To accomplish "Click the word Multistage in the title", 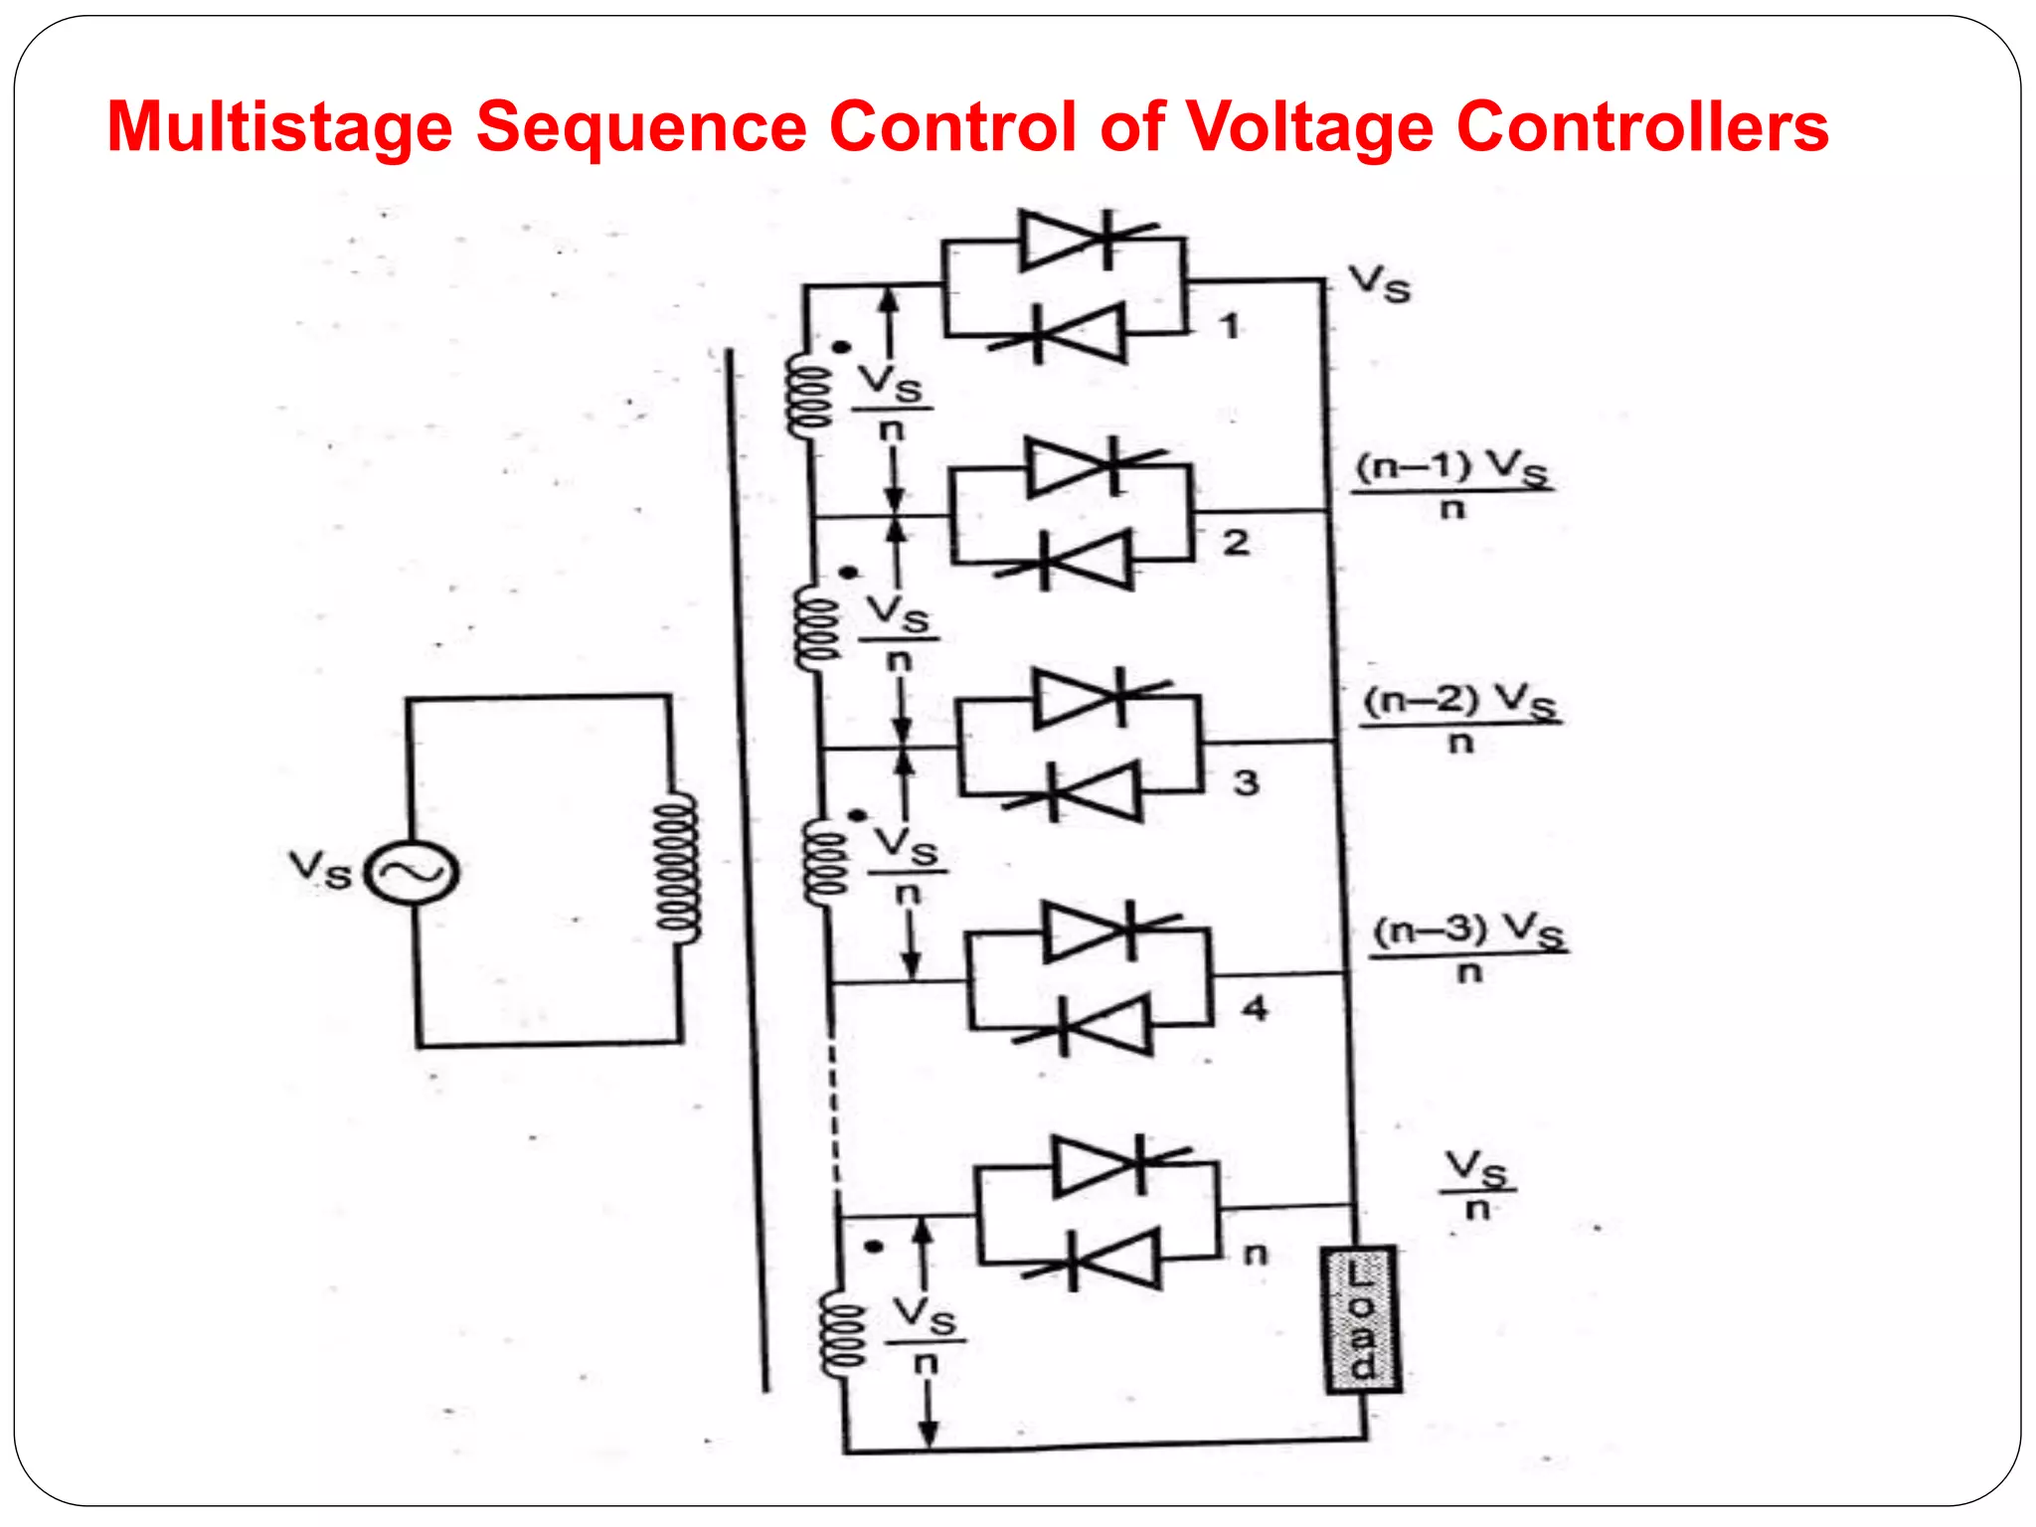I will (279, 127).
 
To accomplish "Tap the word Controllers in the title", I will (1641, 127).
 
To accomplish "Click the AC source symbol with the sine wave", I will (412, 873).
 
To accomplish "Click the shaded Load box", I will (1362, 1319).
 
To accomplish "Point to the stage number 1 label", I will (1231, 326).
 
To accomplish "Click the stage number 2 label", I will (1236, 543).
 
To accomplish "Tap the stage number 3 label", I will (1247, 783).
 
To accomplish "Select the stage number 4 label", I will (1256, 1009).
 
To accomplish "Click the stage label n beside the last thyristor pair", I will (1257, 1255).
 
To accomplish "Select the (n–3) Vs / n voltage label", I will (1469, 947).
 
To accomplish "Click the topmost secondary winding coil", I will (807, 396).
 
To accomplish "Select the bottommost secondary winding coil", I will (841, 1335).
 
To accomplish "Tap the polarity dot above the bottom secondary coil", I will (874, 1247).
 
